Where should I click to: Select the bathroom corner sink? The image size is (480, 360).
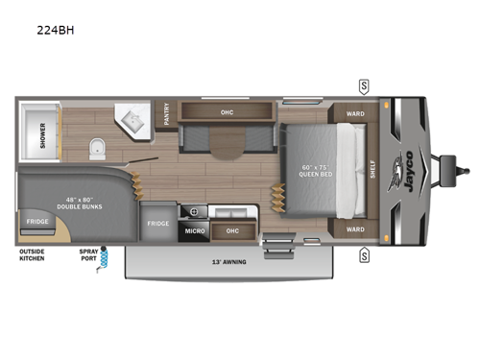(x=130, y=120)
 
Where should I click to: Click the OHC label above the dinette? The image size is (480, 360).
(x=227, y=112)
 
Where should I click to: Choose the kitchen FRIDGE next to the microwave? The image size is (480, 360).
(x=158, y=224)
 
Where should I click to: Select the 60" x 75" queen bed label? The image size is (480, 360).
(x=317, y=167)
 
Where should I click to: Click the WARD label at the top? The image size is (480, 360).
(x=354, y=112)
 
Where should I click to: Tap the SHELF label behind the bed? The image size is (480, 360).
(x=372, y=170)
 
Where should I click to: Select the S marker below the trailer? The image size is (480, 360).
(x=365, y=255)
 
